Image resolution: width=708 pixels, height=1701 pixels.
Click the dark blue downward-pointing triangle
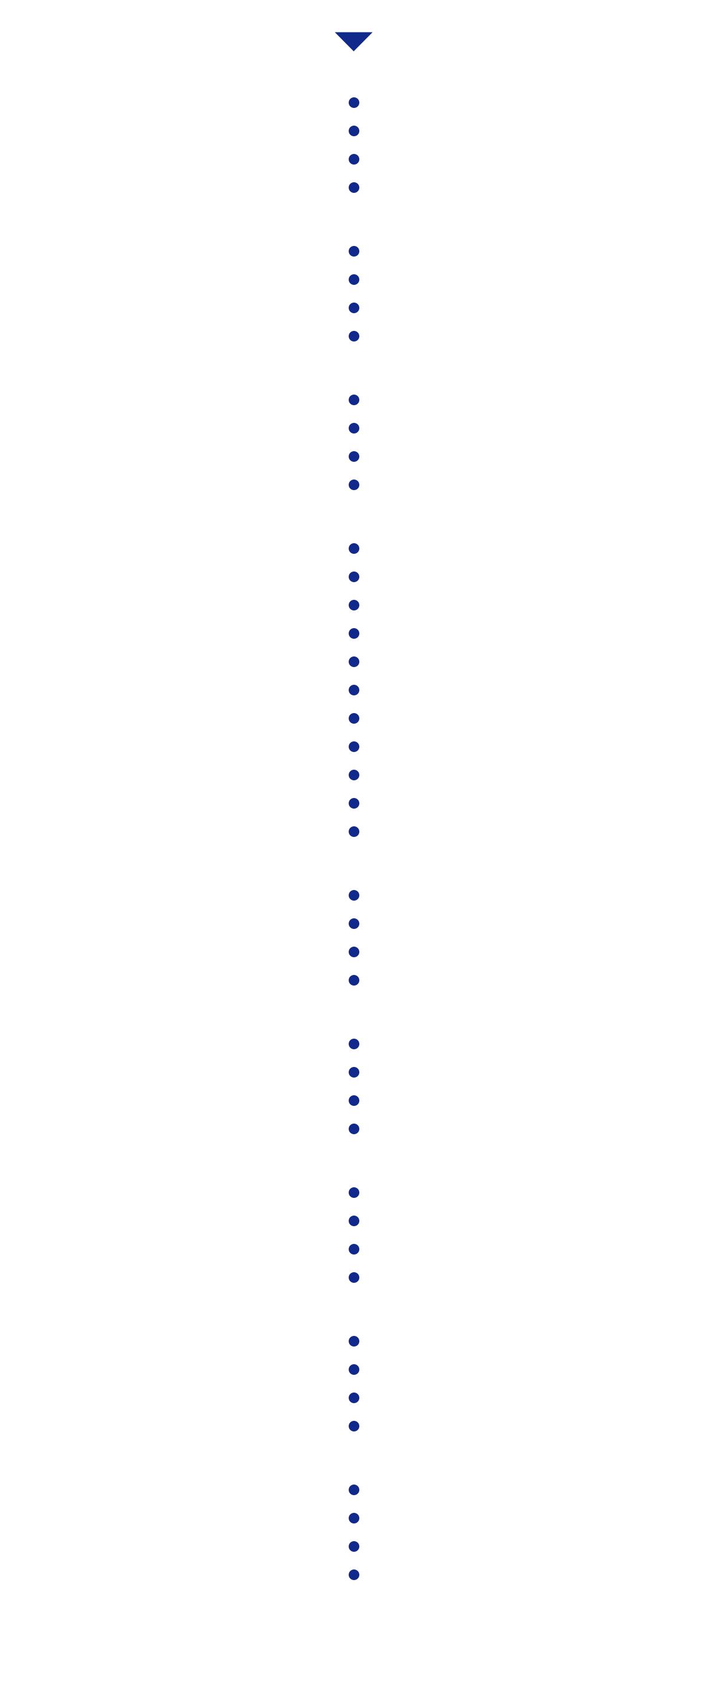tap(353, 39)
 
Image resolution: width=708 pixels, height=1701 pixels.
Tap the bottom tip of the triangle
tap(353, 50)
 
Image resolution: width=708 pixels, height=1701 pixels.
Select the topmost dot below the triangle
tap(354, 103)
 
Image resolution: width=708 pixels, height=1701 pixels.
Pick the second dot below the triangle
tap(354, 131)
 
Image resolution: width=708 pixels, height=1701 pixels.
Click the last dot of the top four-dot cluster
tap(354, 188)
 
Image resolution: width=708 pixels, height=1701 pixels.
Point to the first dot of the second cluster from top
tap(354, 251)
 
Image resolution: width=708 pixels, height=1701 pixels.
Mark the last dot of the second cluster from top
tap(354, 336)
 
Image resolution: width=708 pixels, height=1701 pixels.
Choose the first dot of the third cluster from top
tap(354, 399)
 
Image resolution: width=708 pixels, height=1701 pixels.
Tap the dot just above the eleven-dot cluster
tap(354, 485)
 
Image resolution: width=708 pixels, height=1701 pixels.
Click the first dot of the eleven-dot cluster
tap(354, 548)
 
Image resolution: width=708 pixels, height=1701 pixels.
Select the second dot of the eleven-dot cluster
tap(354, 576)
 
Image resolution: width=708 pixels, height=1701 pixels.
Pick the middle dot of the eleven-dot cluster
tap(354, 690)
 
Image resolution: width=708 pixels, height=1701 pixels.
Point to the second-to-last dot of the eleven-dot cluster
tap(354, 803)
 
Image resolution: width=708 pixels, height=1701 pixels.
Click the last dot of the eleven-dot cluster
tap(354, 832)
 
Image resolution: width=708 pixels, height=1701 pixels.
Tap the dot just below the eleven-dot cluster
tap(354, 895)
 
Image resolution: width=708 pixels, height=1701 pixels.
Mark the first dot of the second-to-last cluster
tap(354, 1341)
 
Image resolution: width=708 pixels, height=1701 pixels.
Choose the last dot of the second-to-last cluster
tap(354, 1426)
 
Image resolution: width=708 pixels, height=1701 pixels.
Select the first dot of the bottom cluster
tap(354, 1490)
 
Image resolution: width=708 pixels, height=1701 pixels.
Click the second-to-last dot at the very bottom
tap(354, 1546)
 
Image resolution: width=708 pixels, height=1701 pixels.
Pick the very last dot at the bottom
tap(354, 1575)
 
